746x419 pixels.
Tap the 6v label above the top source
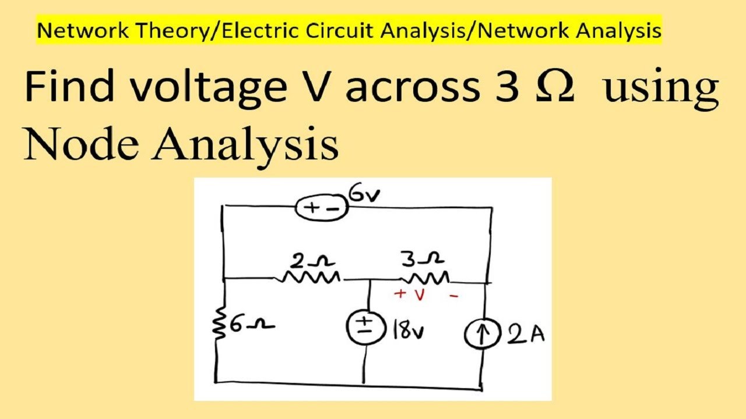point(365,194)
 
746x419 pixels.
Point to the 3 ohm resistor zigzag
point(425,278)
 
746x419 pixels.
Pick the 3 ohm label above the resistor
point(423,259)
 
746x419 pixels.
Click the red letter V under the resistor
point(420,294)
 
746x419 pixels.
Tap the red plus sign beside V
point(400,293)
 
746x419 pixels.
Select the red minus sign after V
point(454,295)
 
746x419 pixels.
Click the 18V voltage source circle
point(366,327)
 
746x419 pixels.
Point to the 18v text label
point(409,330)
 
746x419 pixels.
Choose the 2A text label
point(526,334)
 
